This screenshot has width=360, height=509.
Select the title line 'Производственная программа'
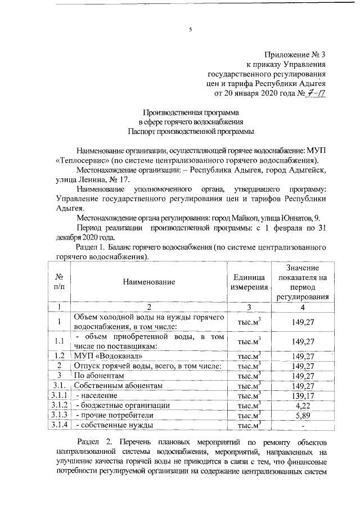tap(191, 112)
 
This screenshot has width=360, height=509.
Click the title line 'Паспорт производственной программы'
tap(191, 131)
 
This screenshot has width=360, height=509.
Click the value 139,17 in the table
tap(303, 396)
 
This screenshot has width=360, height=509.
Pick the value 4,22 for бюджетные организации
tap(303, 406)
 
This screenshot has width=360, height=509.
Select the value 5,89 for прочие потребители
tap(303, 416)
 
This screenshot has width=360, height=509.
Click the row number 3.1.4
tap(59, 425)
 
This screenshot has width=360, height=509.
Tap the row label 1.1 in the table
tap(59, 341)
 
